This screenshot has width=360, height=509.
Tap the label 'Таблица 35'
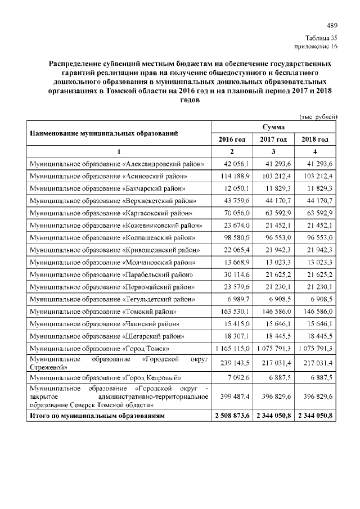321,38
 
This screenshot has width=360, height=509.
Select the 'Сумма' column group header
273,127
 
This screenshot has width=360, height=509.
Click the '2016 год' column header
232,139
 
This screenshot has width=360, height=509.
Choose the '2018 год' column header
315,139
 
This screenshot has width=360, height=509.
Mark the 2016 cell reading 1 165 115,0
232,349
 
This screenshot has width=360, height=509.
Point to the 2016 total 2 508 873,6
232,416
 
